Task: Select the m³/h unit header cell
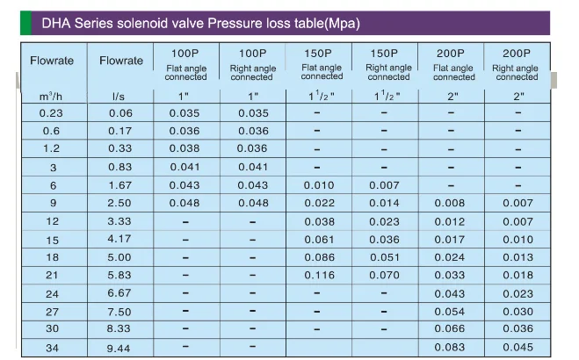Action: pyautogui.click(x=50, y=95)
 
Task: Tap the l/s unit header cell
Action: pyautogui.click(x=119, y=95)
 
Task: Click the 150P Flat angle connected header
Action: pyautogui.click(x=322, y=65)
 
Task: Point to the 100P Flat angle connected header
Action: pyautogui.click(x=185, y=65)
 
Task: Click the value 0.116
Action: pyautogui.click(x=320, y=276)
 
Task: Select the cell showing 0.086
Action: pyautogui.click(x=320, y=257)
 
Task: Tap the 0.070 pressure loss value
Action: pyautogui.click(x=385, y=276)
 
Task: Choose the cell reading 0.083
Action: pyautogui.click(x=449, y=348)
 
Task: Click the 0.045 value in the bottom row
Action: pyautogui.click(x=517, y=348)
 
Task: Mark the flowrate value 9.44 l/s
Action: pyautogui.click(x=120, y=348)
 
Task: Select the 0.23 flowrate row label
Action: pyautogui.click(x=50, y=112)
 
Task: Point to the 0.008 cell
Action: pyautogui.click(x=449, y=204)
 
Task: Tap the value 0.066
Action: pyautogui.click(x=449, y=329)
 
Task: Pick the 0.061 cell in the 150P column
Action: pyautogui.click(x=320, y=240)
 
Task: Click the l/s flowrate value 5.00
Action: pyautogui.click(x=120, y=257)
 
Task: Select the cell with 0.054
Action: pyautogui.click(x=449, y=312)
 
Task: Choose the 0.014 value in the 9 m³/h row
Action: pyautogui.click(x=385, y=204)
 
